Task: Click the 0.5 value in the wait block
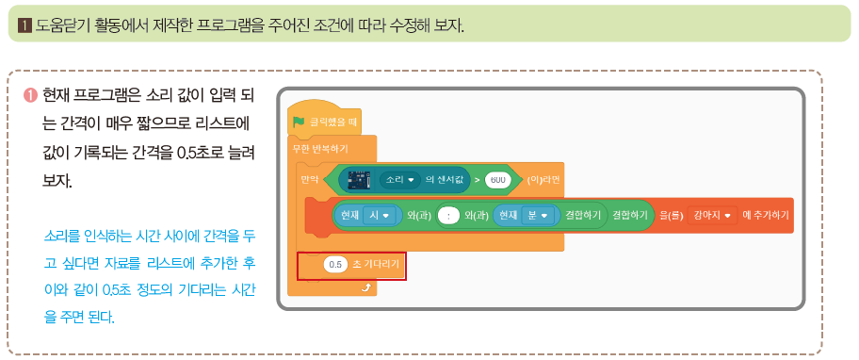(335, 265)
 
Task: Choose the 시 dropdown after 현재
(377, 216)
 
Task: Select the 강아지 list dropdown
(711, 216)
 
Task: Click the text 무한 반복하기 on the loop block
(320, 149)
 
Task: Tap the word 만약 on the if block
(309, 177)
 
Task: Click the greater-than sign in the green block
(478, 177)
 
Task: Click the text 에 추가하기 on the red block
(766, 216)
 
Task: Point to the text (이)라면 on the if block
(545, 177)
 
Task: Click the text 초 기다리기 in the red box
(376, 265)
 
